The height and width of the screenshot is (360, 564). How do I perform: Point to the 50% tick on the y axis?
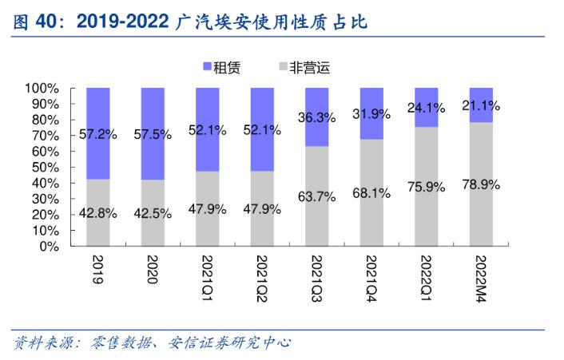pos(45,167)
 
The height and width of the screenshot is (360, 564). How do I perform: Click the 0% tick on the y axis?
pos(47,246)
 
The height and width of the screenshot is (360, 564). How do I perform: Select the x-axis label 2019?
pos(98,271)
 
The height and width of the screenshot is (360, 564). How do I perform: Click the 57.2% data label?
pos(98,134)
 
